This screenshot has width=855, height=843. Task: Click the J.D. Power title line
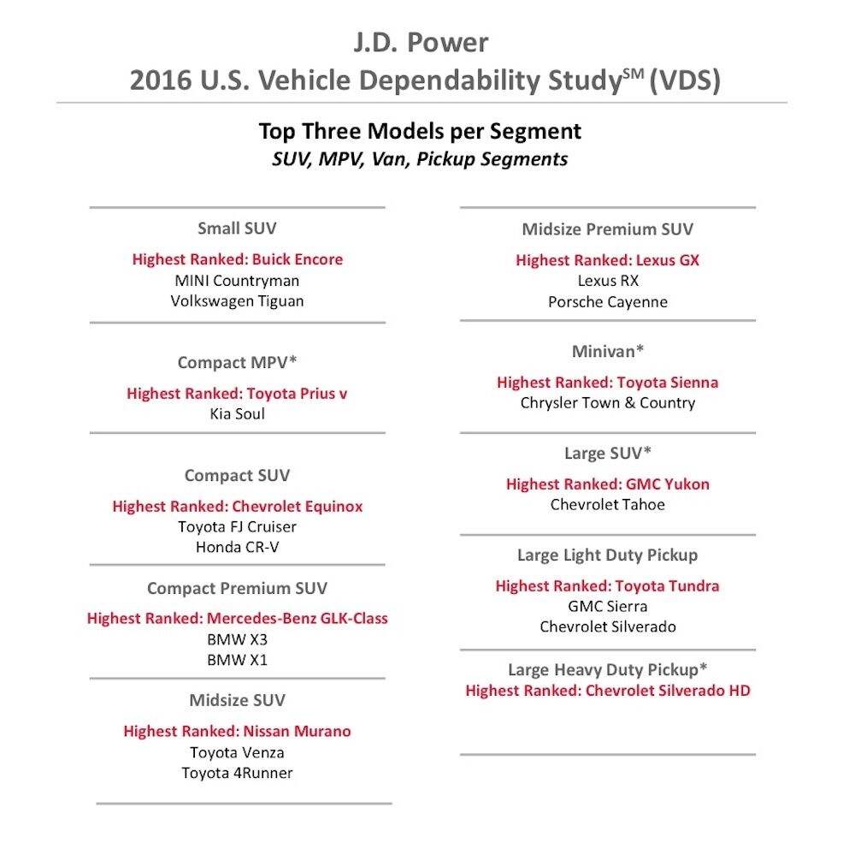pyautogui.click(x=421, y=43)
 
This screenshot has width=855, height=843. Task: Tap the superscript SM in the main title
pyautogui.click(x=632, y=74)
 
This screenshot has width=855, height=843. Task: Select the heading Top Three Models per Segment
pyautogui.click(x=420, y=132)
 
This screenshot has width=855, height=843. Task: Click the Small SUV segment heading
pyautogui.click(x=237, y=229)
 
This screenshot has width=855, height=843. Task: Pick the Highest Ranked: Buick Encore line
pyautogui.click(x=237, y=259)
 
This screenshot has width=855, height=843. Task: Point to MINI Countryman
pyautogui.click(x=237, y=281)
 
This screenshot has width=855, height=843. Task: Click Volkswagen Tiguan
pyautogui.click(x=237, y=301)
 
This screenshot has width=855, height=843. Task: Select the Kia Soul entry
pyautogui.click(x=237, y=414)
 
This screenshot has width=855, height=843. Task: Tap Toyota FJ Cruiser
pyautogui.click(x=237, y=527)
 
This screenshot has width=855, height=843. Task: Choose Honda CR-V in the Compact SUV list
pyautogui.click(x=237, y=548)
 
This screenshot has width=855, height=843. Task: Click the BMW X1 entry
pyautogui.click(x=237, y=661)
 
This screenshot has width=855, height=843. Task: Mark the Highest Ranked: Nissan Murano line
pyautogui.click(x=237, y=732)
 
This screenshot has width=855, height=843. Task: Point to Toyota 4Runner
pyautogui.click(x=237, y=774)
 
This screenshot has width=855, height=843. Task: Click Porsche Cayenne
pyautogui.click(x=608, y=302)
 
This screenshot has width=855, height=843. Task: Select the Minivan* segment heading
pyautogui.click(x=608, y=352)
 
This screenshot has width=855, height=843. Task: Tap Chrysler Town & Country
pyautogui.click(x=608, y=403)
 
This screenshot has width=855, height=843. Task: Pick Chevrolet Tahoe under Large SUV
pyautogui.click(x=608, y=505)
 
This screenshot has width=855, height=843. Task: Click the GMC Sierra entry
pyautogui.click(x=608, y=607)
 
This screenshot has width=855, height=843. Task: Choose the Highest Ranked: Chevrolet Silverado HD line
pyautogui.click(x=608, y=691)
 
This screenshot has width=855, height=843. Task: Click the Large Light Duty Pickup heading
pyautogui.click(x=608, y=555)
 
